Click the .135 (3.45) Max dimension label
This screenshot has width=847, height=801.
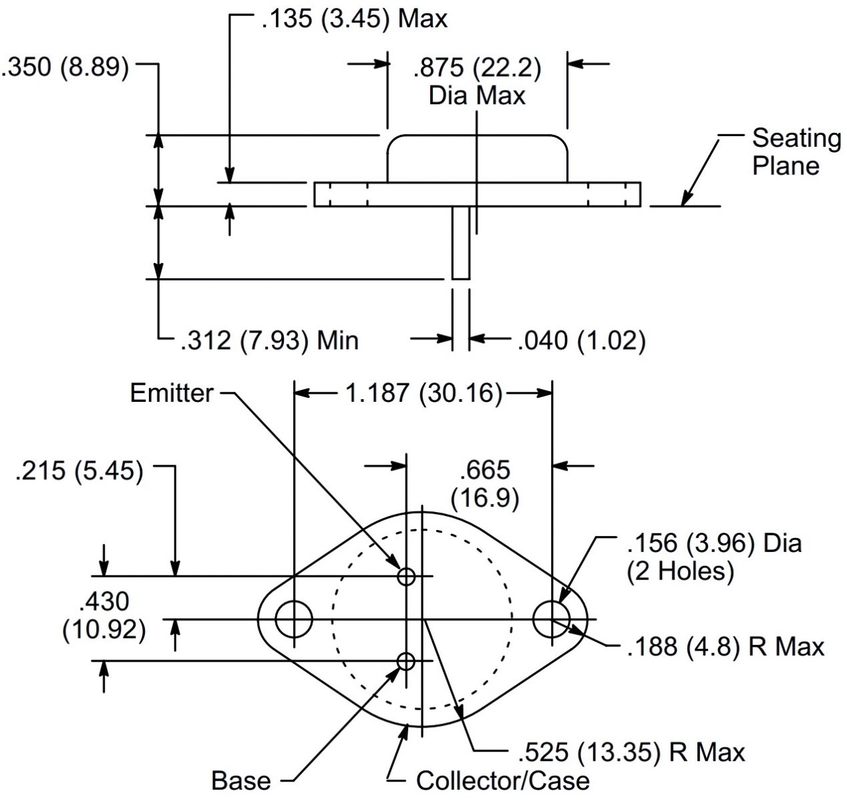click(x=355, y=19)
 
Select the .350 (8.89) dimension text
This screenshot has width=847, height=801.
click(x=65, y=68)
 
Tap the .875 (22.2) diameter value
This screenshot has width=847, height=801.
click(x=477, y=68)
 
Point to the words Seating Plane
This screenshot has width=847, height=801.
click(x=797, y=152)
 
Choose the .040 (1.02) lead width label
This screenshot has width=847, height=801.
click(x=581, y=340)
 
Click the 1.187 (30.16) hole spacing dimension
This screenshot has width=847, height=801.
click(x=424, y=393)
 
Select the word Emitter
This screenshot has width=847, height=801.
click(x=172, y=393)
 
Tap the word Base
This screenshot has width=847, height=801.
click(x=241, y=781)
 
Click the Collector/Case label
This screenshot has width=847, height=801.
click(x=503, y=781)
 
